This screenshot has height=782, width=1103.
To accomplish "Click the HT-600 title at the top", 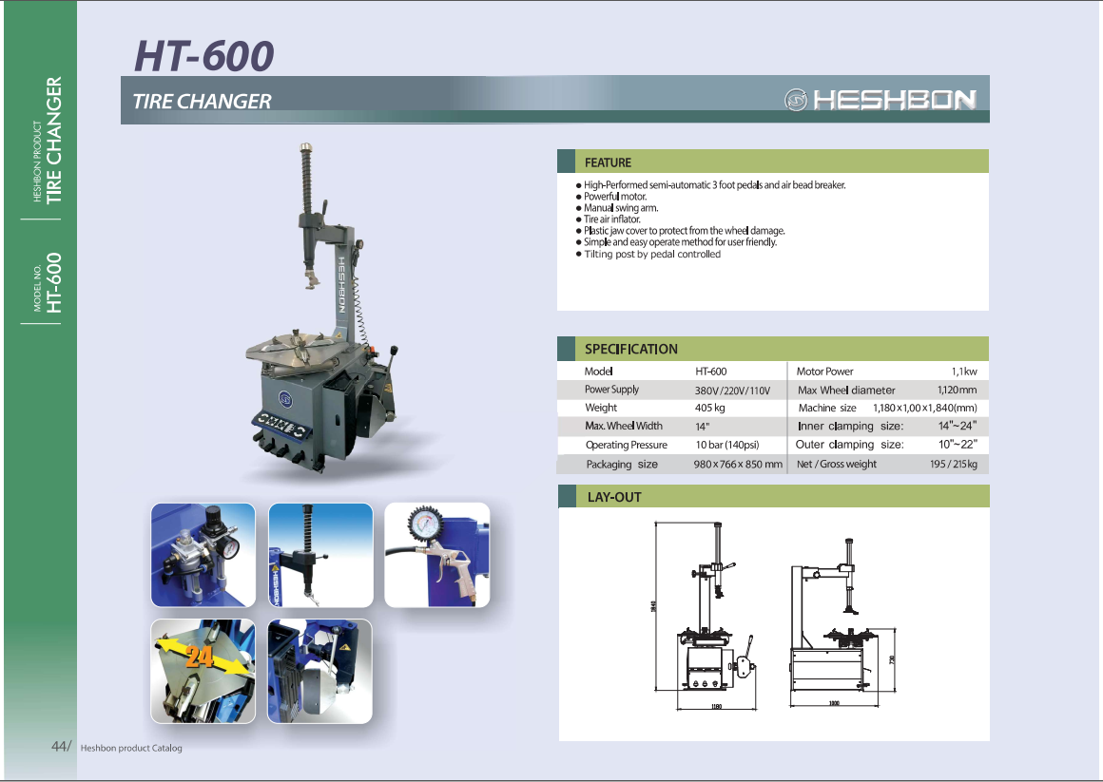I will tap(203, 56).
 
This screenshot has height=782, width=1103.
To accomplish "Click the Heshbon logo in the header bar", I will tap(880, 100).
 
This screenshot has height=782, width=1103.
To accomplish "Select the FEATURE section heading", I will tap(608, 162).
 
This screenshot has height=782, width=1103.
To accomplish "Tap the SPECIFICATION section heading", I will tap(630, 349).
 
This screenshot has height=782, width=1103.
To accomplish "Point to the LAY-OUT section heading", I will tap(613, 497).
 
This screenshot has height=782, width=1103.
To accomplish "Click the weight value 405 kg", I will tap(709, 408).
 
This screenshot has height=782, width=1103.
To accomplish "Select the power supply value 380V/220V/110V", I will tap(731, 391).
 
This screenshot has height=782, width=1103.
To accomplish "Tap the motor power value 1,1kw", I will tap(963, 372).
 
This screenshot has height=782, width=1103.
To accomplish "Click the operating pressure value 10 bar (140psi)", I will tap(727, 445).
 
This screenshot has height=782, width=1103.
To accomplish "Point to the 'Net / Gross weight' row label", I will tap(836, 464).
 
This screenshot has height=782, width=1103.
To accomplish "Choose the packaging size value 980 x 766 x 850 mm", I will tap(737, 465).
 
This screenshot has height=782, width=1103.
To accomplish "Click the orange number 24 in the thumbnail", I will tap(199, 657).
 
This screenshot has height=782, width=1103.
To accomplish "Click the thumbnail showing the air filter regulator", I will tap(203, 555).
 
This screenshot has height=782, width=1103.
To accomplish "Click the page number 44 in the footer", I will tap(60, 747).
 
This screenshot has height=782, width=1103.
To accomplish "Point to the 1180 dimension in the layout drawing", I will tap(716, 707).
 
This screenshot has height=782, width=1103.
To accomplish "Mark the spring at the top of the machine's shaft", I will tap(306, 176).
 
